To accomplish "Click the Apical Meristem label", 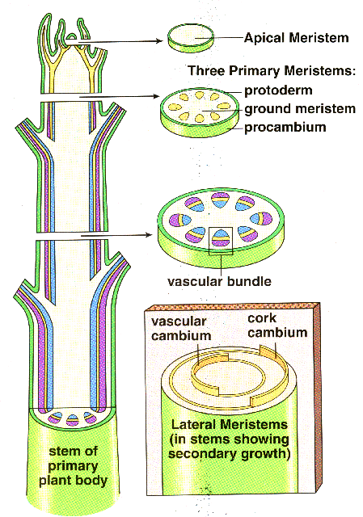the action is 297,38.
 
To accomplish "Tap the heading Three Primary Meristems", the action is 272,70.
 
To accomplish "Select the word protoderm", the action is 278,90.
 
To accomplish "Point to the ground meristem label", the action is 300,109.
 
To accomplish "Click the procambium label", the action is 285,127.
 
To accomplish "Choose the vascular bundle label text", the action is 219,281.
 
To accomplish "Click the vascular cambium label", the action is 181,329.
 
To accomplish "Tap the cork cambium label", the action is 277,325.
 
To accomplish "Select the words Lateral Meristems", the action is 230,424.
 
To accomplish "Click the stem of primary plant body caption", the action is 73,465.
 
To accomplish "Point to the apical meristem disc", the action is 191,38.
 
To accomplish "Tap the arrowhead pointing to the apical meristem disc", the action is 160,41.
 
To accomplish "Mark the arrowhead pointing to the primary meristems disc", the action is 157,96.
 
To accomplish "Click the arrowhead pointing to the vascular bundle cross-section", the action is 149,235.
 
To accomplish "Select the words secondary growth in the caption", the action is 230,454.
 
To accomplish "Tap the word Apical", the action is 264,38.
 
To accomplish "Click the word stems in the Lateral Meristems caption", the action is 210,439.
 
